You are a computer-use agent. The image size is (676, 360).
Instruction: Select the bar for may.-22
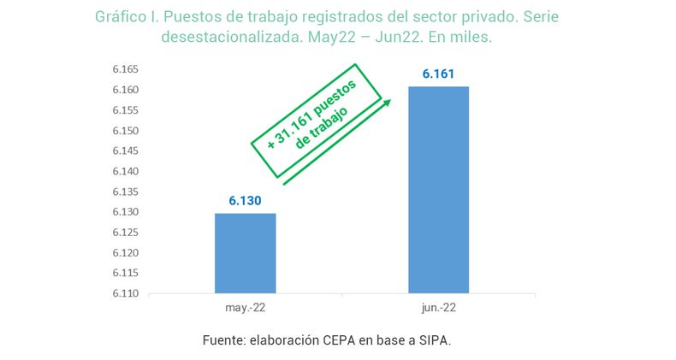[245, 253]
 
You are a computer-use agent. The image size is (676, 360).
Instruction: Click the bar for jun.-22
[438, 190]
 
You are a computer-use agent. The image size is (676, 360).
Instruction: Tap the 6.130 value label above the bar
[245, 200]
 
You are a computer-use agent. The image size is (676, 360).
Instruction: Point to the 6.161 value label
[438, 74]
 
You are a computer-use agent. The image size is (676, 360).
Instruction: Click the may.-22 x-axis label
[245, 307]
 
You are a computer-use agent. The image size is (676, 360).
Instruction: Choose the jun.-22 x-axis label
[438, 307]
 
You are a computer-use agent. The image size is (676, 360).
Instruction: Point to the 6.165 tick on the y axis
[126, 69]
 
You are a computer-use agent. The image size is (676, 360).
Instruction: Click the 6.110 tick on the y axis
[126, 293]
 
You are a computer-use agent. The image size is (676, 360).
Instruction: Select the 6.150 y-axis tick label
[126, 131]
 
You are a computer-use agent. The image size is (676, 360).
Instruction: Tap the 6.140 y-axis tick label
[126, 171]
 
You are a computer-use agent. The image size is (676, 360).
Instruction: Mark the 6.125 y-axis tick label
[126, 233]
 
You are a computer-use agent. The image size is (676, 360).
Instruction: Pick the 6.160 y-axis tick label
[126, 90]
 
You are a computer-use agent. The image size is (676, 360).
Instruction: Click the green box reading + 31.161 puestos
[316, 121]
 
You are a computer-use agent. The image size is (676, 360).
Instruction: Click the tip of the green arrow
[390, 101]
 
